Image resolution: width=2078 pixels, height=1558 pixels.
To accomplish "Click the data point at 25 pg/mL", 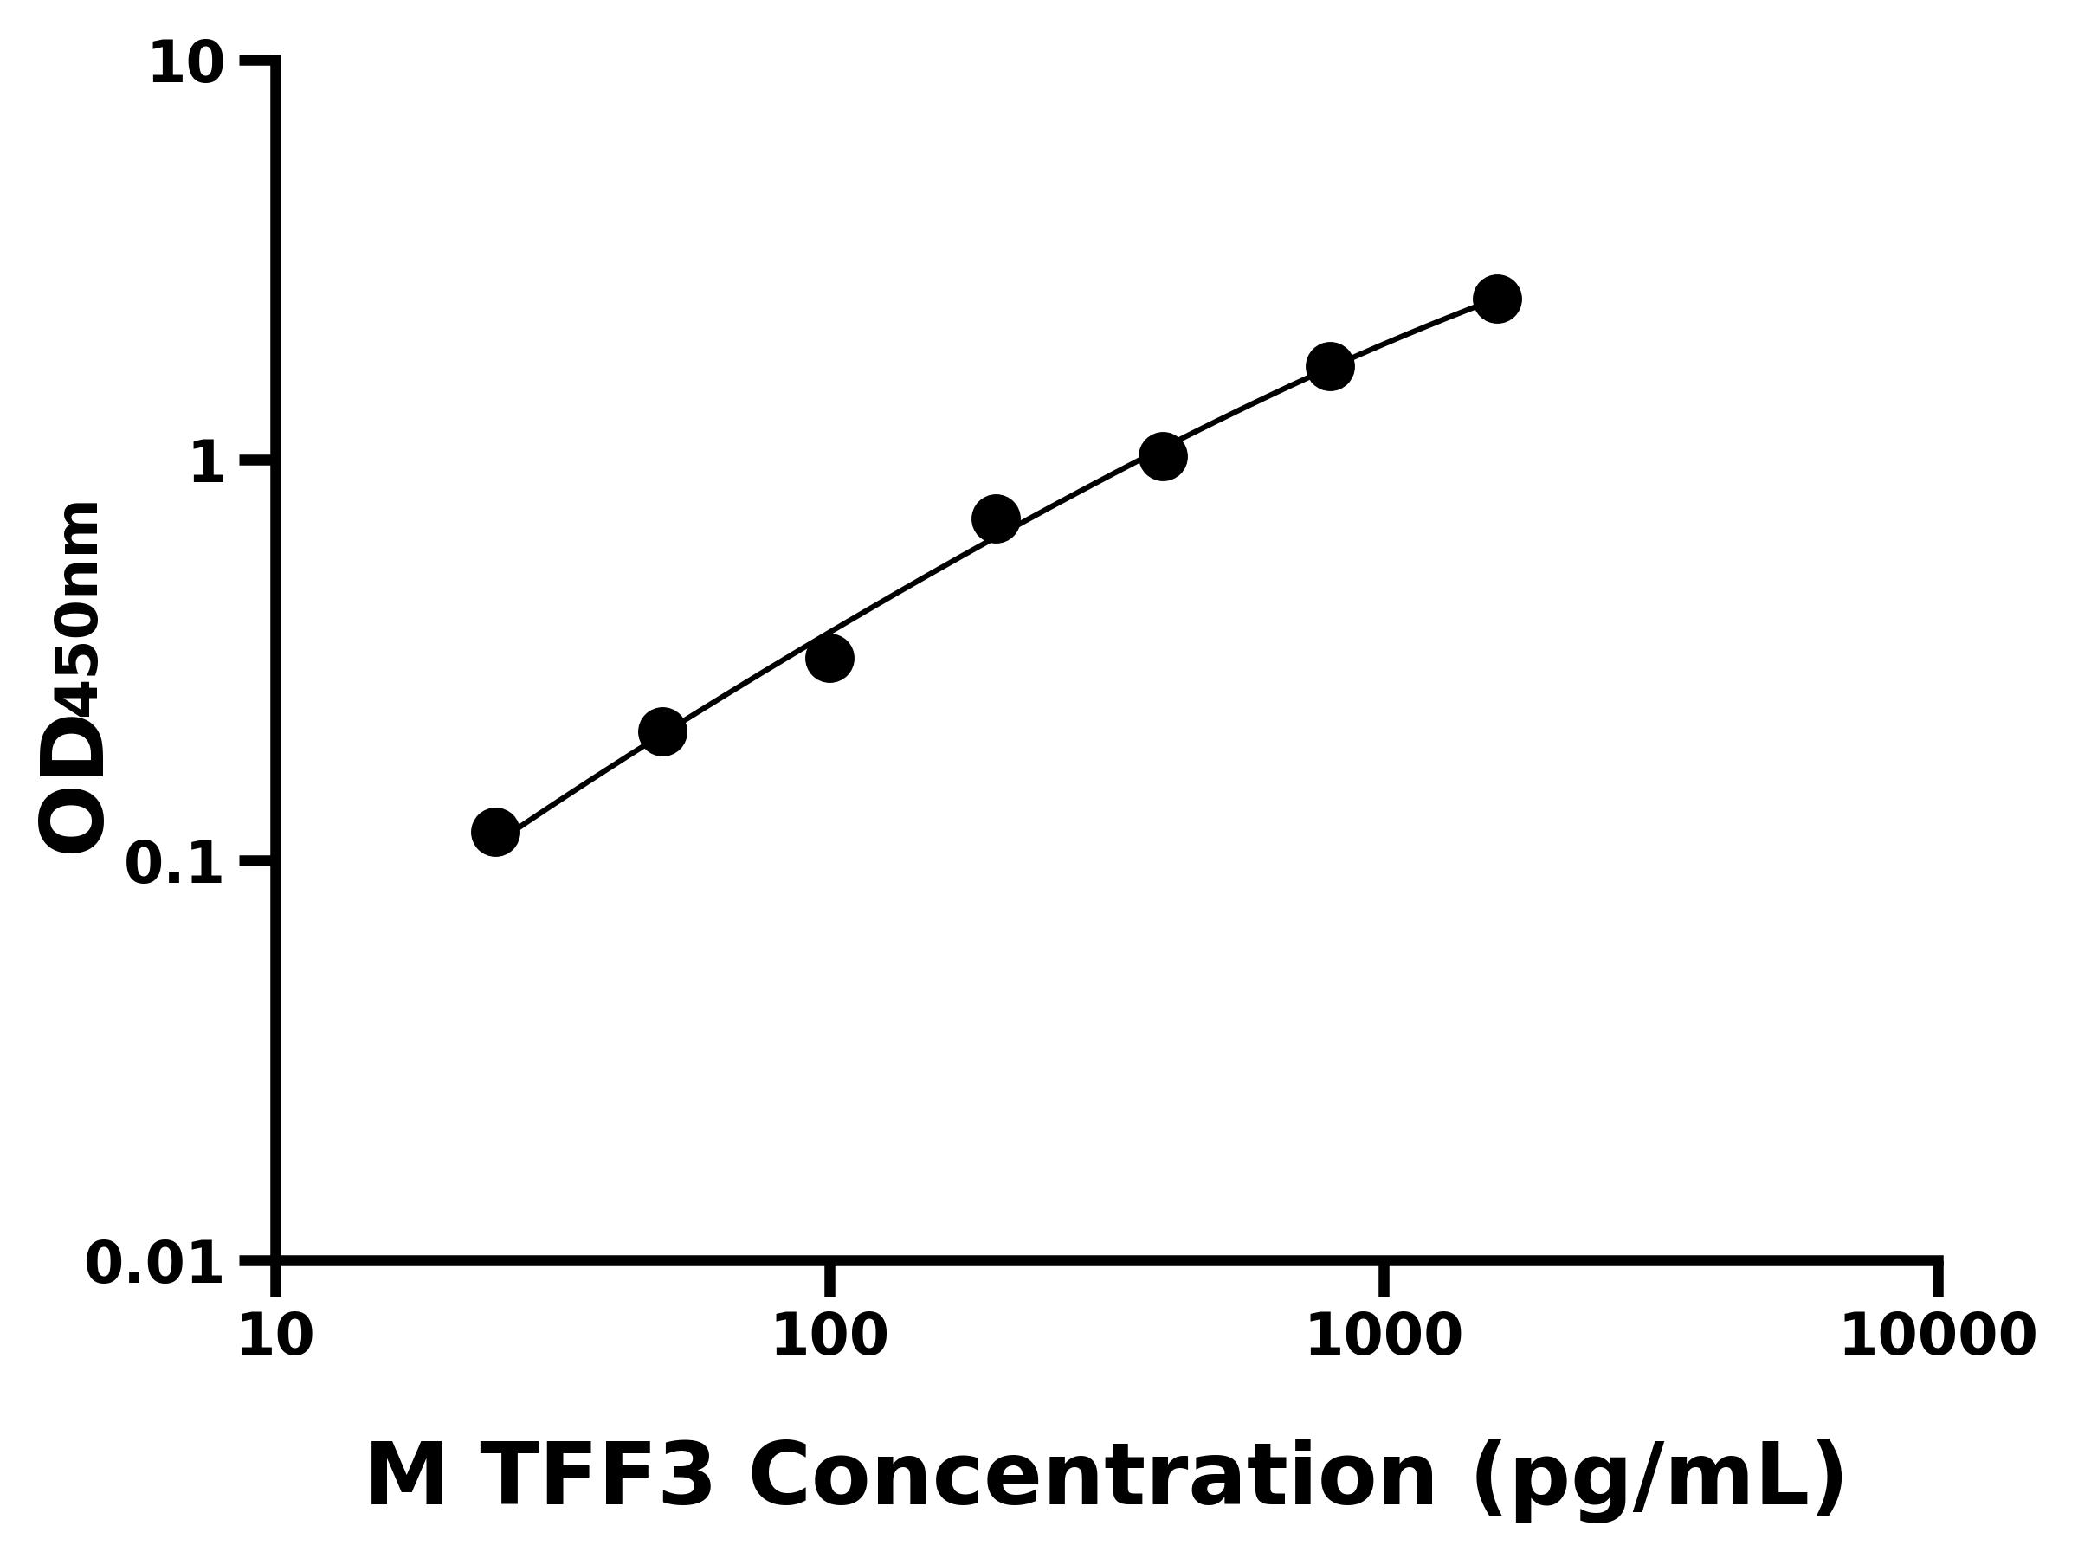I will click(x=495, y=831).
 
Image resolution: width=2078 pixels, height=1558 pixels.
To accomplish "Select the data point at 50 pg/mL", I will click(x=662, y=731).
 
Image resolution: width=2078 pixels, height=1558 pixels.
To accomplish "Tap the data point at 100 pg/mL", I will click(x=829, y=659).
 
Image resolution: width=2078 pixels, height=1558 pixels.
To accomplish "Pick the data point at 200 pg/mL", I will click(x=996, y=518).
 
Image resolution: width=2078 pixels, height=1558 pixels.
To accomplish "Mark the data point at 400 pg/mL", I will click(x=1163, y=456).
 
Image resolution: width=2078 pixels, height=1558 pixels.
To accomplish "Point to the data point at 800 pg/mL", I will click(x=1330, y=365).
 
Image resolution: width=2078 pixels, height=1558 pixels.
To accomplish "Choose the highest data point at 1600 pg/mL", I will click(x=1497, y=299).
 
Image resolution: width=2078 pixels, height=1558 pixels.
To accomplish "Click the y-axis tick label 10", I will click(x=187, y=65).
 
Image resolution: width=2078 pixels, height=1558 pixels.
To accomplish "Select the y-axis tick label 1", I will click(x=208, y=463).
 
